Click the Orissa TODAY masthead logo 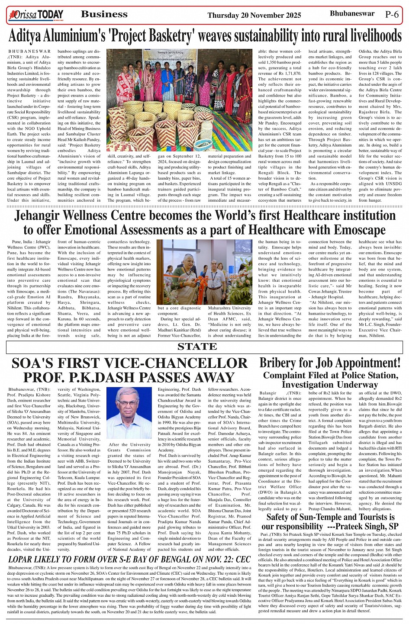pyautogui.click(x=36, y=15)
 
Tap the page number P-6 pyautogui.click(x=392, y=14)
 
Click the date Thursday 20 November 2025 pyautogui.click(x=254, y=16)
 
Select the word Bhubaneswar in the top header pyautogui.click(x=352, y=13)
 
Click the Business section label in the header pyautogui.click(x=104, y=14)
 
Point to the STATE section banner pyautogui.click(x=197, y=347)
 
